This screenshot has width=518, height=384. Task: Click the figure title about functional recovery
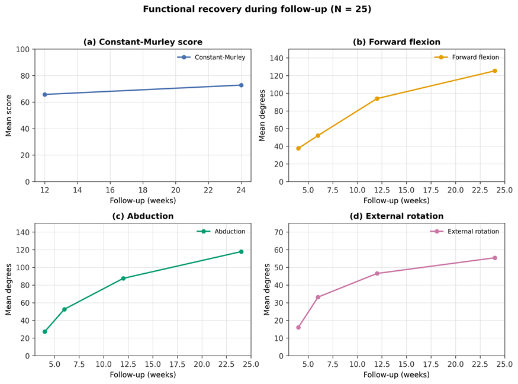pyautogui.click(x=257, y=9)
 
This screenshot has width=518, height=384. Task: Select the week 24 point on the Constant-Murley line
pyautogui.click(x=241, y=85)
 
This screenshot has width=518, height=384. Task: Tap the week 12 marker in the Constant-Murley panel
pyautogui.click(x=45, y=95)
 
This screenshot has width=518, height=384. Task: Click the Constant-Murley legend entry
pyautogui.click(x=211, y=57)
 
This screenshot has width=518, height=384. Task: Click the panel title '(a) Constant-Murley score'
pyautogui.click(x=143, y=42)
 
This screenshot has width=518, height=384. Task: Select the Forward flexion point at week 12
pyautogui.click(x=377, y=98)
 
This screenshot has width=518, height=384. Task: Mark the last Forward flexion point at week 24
pyautogui.click(x=494, y=71)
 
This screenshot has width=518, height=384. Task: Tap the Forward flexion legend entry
pyautogui.click(x=467, y=57)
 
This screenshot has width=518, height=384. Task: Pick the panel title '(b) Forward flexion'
pyautogui.click(x=397, y=42)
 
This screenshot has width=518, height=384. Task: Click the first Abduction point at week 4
pyautogui.click(x=45, y=332)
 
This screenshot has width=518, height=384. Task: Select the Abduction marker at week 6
pyautogui.click(x=65, y=309)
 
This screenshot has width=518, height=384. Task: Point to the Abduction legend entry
pyautogui.click(x=221, y=232)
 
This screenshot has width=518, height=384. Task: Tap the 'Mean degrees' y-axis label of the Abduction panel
pyautogui.click(x=9, y=289)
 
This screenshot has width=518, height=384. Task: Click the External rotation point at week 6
pyautogui.click(x=318, y=297)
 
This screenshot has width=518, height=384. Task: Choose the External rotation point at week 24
pyautogui.click(x=494, y=258)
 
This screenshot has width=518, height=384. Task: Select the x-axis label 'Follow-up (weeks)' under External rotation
pyautogui.click(x=397, y=375)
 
